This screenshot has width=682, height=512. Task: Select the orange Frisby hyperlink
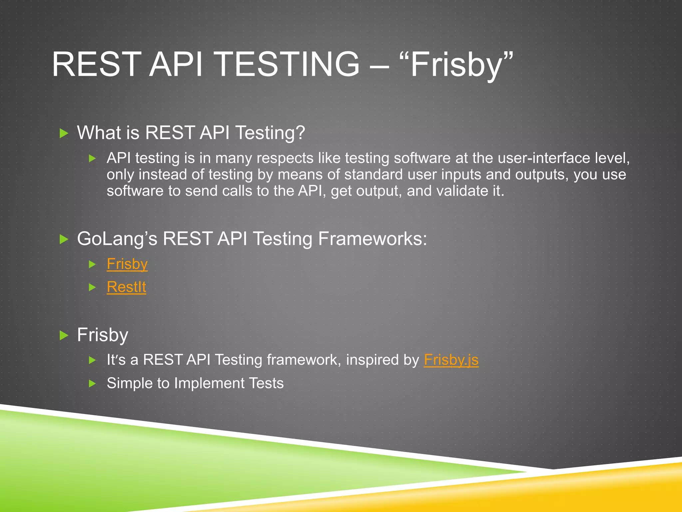tap(127, 264)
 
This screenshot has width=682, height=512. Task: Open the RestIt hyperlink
tap(126, 287)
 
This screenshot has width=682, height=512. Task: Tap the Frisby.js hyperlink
tap(451, 360)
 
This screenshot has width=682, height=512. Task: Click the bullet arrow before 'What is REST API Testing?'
tap(64, 133)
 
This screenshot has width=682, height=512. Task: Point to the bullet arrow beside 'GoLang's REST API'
tap(64, 239)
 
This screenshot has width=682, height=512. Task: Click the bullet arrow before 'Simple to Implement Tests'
tap(93, 384)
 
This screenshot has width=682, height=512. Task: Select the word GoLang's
tap(117, 239)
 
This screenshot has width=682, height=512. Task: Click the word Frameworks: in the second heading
tap(372, 239)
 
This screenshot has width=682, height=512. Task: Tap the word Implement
tap(209, 383)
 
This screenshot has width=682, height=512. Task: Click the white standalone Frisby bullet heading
tap(103, 335)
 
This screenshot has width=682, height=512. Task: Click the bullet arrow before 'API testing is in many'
tap(93, 158)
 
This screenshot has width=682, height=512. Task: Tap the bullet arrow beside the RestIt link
tap(93, 287)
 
